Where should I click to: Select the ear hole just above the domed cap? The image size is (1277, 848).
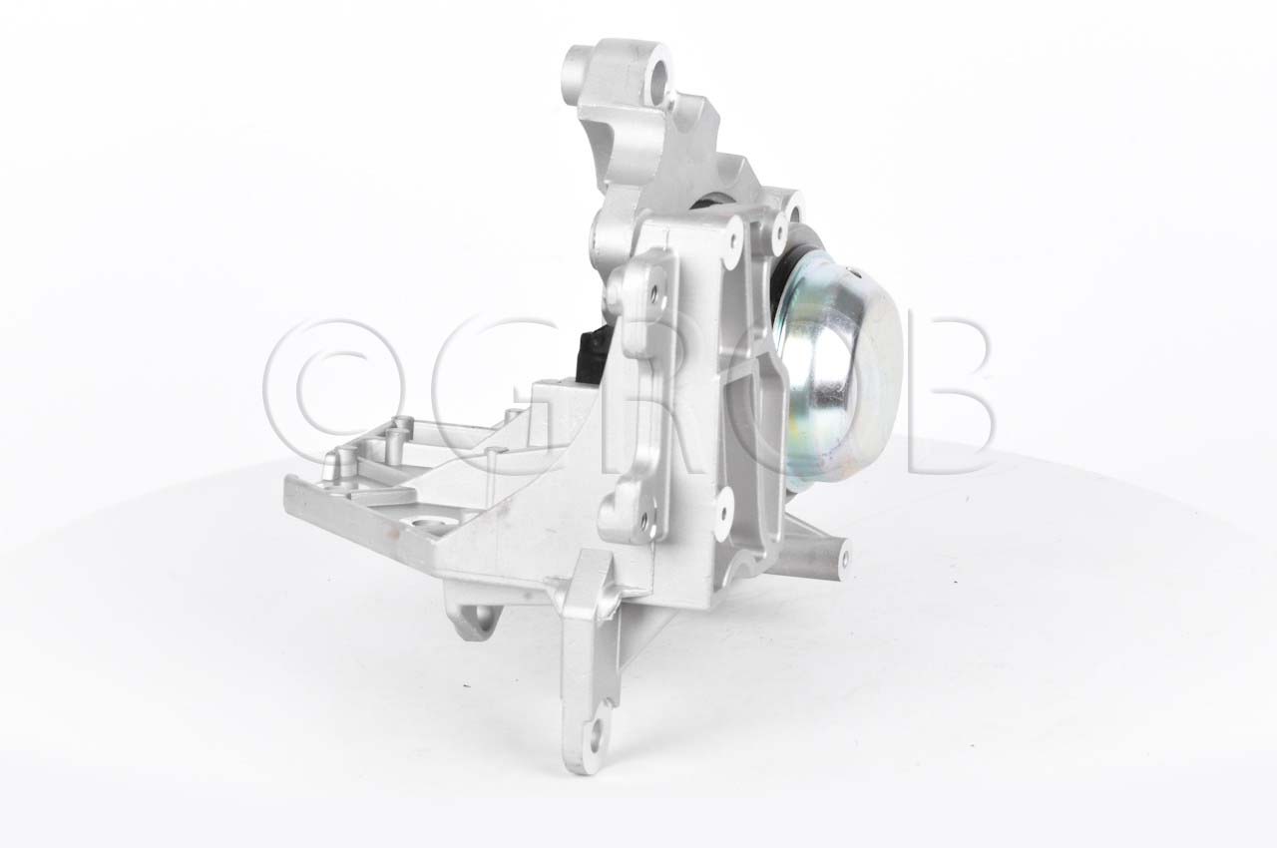click(794, 212)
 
